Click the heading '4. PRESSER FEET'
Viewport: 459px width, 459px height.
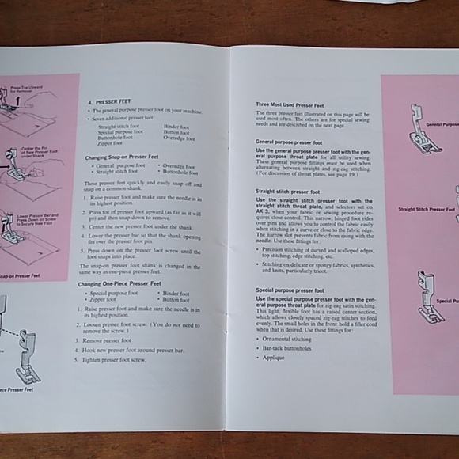coord(108,102)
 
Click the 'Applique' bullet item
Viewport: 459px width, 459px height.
coord(274,358)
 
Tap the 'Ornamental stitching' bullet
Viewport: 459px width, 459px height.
coord(286,338)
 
